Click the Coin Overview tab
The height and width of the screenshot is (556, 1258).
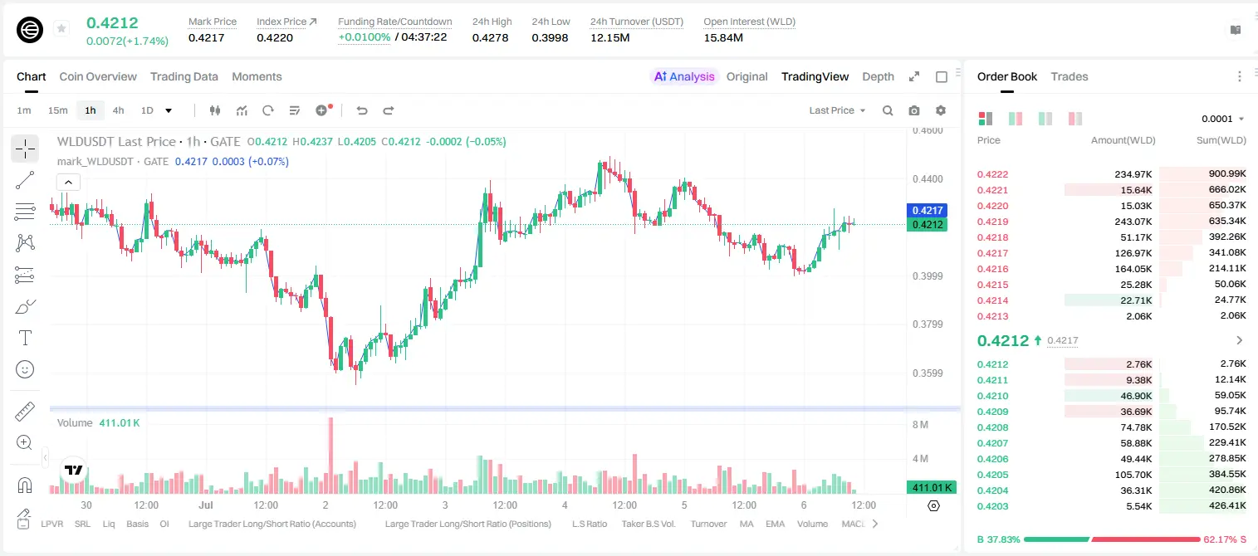coord(98,76)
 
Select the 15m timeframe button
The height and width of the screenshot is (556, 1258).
coord(58,110)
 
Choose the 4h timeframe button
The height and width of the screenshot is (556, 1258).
coord(118,110)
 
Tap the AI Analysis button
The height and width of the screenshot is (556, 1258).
coord(684,76)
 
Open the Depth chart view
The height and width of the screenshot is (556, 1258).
coord(878,76)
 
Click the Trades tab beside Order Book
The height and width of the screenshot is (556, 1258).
coord(1070,76)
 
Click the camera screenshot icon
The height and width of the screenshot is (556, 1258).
coord(914,110)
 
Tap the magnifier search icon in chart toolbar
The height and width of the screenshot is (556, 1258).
coord(888,110)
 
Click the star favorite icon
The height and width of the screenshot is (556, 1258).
coord(61,28)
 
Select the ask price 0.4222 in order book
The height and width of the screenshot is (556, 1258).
coord(992,174)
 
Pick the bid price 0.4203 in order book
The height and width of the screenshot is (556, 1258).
coord(992,506)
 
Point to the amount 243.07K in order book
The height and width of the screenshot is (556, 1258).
coord(1133,222)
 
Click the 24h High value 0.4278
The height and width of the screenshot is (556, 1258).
coord(490,37)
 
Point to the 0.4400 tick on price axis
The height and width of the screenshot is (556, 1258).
coord(928,179)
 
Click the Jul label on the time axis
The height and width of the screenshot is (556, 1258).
coord(206,505)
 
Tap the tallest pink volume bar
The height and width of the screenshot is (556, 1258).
coord(330,455)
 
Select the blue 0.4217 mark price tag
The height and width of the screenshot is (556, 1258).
coord(927,211)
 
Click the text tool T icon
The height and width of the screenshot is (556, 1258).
coord(25,338)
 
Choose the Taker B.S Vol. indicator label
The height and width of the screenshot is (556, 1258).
coord(648,524)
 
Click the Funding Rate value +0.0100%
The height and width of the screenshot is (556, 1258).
coord(364,37)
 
